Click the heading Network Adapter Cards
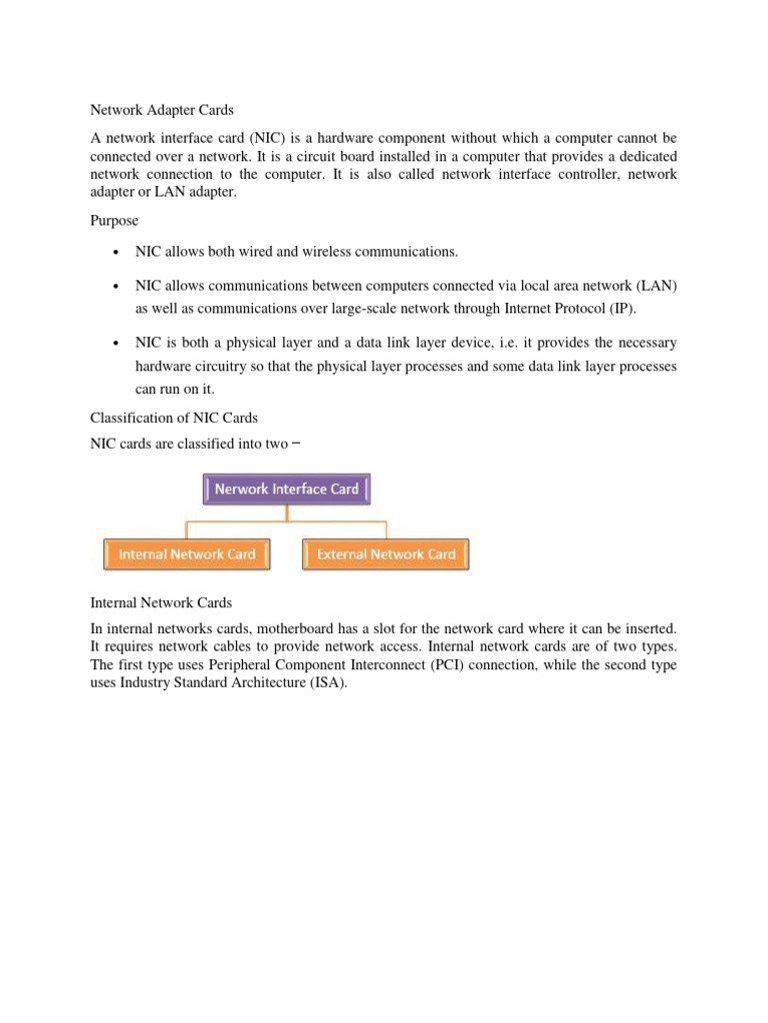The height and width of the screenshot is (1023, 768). pyautogui.click(x=162, y=110)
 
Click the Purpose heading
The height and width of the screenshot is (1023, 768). pyautogui.click(x=115, y=219)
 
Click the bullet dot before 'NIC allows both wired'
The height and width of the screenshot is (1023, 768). pyautogui.click(x=118, y=251)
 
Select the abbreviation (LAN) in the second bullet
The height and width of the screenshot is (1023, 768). pyautogui.click(x=654, y=286)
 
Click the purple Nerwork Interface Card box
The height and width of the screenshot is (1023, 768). pyautogui.click(x=287, y=489)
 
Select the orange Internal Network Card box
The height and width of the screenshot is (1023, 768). pyautogui.click(x=186, y=554)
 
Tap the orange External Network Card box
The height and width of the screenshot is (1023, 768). pyautogui.click(x=385, y=554)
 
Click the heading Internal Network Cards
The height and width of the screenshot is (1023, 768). pyautogui.click(x=161, y=602)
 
